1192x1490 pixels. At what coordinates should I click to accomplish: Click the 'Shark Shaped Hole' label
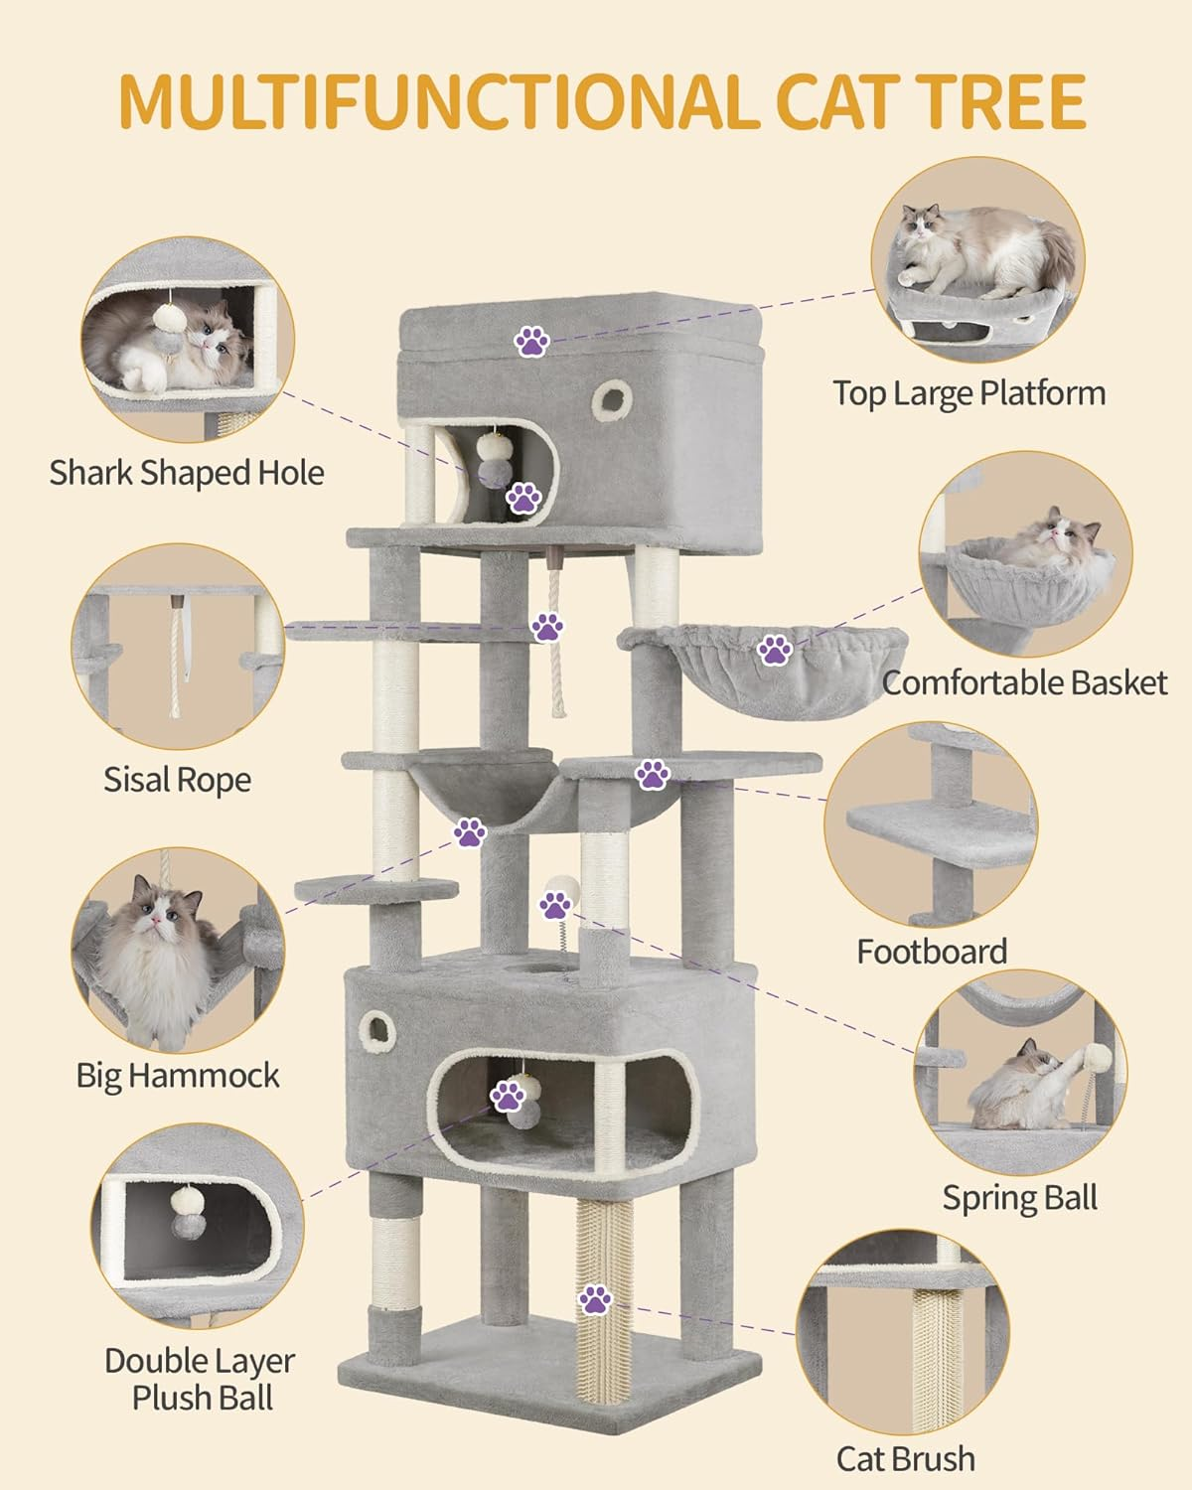click(x=187, y=472)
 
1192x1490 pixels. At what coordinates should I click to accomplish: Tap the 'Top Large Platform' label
click(x=968, y=393)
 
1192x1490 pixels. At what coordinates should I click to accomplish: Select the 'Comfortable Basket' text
click(x=1024, y=682)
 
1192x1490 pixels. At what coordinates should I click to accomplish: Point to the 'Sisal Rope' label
click(x=177, y=780)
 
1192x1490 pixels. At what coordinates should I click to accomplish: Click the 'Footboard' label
click(x=932, y=952)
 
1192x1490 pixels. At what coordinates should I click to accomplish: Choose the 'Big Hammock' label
click(x=178, y=1075)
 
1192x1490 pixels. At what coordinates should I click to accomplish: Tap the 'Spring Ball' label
click(x=1019, y=1197)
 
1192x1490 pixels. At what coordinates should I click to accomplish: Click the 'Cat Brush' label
click(x=905, y=1459)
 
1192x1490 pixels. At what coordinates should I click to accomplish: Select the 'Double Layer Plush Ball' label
click(x=201, y=1379)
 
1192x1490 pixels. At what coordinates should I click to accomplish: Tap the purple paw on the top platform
click(x=532, y=342)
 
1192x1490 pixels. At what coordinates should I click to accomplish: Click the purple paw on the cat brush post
click(x=594, y=1298)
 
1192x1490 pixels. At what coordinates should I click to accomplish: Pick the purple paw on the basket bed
click(x=775, y=651)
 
